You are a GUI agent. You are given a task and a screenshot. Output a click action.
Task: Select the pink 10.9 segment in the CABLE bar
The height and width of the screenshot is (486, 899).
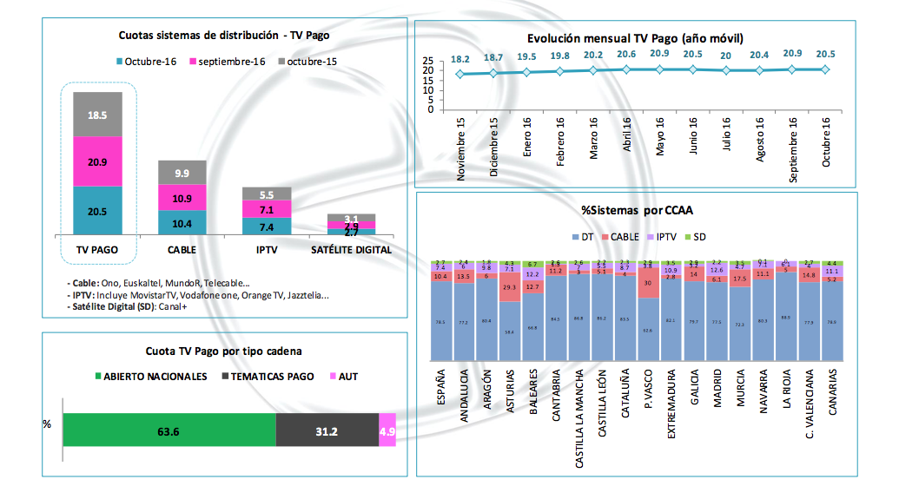182,198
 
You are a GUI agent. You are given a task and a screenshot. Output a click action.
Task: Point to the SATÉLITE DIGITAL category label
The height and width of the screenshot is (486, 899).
351,250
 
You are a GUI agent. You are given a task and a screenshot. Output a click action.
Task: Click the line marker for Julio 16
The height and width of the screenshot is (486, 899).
726,70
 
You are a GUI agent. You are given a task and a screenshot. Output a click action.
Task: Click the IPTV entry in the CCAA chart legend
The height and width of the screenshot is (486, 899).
664,237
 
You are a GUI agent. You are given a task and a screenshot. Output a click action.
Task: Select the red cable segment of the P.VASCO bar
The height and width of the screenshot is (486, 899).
647,283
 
